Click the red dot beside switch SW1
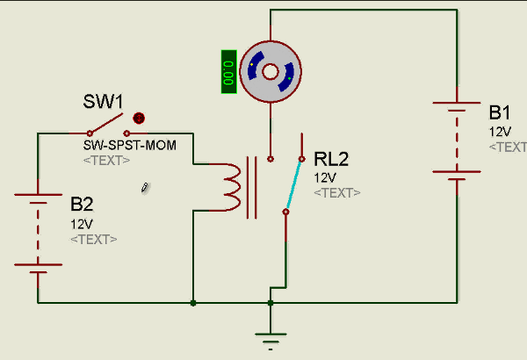(138, 119)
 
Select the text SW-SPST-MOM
(130, 146)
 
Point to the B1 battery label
(500, 112)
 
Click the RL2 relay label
(331, 159)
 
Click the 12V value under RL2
(325, 177)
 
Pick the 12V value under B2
(81, 224)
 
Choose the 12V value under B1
(499, 132)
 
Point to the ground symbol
(271, 337)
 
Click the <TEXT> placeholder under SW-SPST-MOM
(106, 161)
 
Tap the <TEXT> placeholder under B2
(93, 239)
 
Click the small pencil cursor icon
(146, 187)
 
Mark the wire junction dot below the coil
(192, 304)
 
